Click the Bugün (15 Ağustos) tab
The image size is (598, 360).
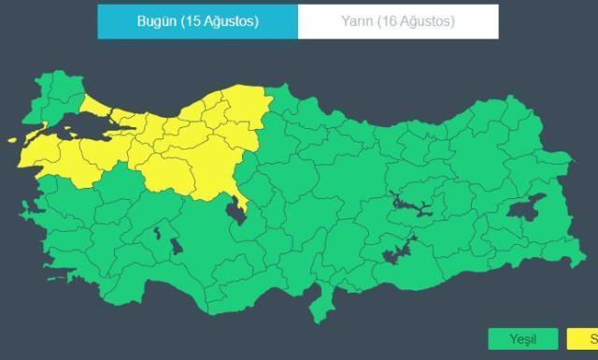coord(197,22)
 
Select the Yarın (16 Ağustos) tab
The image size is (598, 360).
coord(398,22)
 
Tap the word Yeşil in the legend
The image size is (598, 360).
coord(522,338)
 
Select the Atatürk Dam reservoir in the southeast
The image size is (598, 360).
coord(398,251)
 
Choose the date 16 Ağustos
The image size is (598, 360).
coord(420,22)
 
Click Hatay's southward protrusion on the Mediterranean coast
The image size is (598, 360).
coord(328,304)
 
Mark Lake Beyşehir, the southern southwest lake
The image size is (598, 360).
coord(176,249)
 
